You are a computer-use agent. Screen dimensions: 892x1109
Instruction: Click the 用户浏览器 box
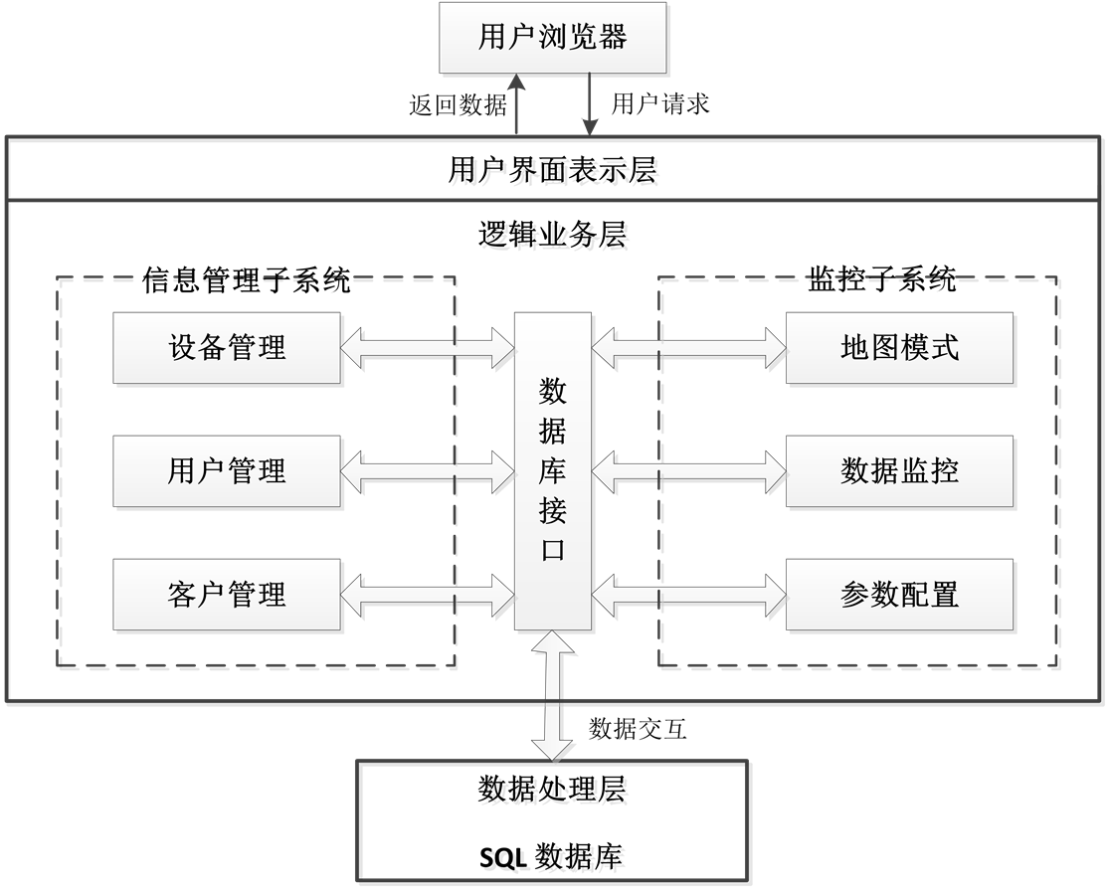[553, 38]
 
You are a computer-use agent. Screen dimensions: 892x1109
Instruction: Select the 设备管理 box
[228, 347]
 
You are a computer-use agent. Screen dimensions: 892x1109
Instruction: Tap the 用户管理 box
[228, 470]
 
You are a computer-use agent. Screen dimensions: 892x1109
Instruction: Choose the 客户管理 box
[228, 595]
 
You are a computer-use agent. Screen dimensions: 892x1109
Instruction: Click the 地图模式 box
[900, 347]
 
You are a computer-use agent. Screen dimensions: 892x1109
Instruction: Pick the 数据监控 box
[900, 470]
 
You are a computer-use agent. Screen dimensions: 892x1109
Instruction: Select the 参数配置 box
[900, 595]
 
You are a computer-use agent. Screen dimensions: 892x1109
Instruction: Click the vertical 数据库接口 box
[553, 470]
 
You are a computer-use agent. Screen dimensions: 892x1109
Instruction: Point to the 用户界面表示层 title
[554, 174]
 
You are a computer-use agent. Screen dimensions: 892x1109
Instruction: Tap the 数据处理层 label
[554, 792]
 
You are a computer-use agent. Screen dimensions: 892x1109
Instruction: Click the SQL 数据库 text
[554, 858]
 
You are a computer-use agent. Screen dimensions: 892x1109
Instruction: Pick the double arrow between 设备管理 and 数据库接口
[428, 347]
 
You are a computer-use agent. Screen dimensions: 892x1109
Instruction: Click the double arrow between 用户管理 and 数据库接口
[428, 470]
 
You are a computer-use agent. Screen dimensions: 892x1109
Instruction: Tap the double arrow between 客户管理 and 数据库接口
[428, 595]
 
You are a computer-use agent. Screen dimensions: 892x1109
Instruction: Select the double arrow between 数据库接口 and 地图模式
[689, 347]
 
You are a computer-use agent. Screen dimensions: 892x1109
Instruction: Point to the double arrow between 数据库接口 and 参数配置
[689, 595]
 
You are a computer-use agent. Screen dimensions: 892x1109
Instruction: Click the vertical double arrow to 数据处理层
[554, 697]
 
